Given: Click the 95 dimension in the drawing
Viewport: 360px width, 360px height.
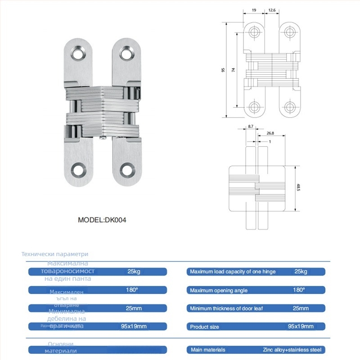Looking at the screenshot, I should point(223,70).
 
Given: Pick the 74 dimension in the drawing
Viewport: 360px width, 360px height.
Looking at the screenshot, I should point(233,70).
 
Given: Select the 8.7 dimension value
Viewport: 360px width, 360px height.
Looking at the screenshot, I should point(251,127).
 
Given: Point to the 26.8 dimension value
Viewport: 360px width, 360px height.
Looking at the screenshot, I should point(270,133).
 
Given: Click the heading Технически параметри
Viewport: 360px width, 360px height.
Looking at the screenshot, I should point(55,254).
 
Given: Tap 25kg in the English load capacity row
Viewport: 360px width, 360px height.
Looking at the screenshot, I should point(301,272).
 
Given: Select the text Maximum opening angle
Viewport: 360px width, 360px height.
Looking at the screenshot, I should point(219,290).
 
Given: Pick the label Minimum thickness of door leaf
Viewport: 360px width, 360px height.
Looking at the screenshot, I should point(226,308).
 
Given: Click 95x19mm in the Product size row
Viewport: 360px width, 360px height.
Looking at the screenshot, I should point(301,326).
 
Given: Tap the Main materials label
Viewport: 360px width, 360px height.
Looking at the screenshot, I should point(207,350).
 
